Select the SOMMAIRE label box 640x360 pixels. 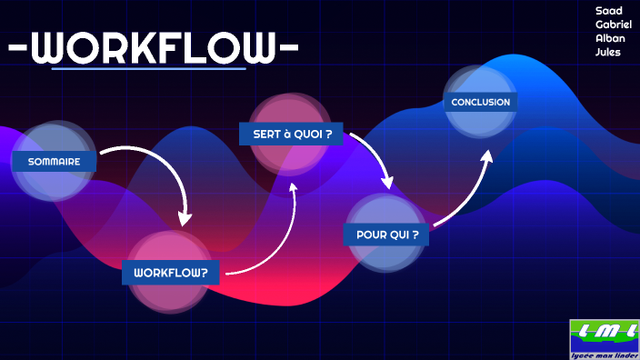click(54, 162)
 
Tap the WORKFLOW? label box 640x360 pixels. click(171, 272)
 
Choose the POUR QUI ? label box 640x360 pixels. click(386, 235)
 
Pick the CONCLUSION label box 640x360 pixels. click(480, 102)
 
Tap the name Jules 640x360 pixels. click(608, 52)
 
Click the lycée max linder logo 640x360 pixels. click(605, 339)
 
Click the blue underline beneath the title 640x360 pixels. click(149, 68)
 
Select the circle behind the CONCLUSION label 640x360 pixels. click(481, 82)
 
